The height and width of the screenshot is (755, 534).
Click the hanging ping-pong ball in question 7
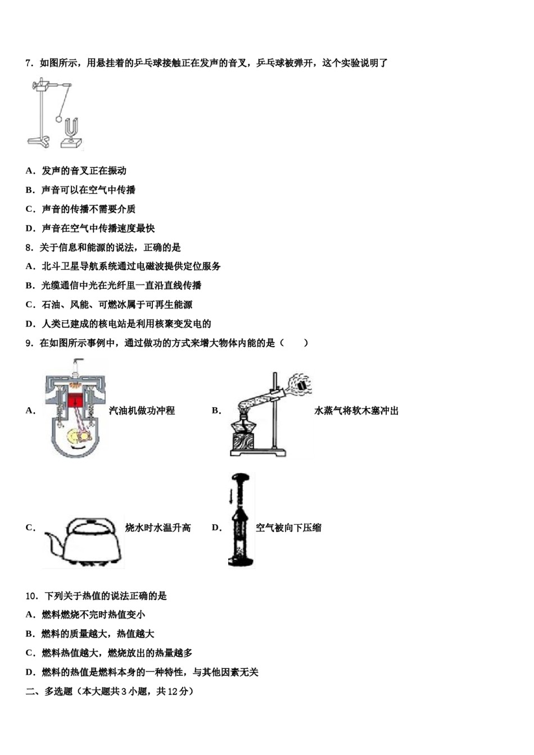coord(58,119)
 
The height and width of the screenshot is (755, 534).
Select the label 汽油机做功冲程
coord(142,411)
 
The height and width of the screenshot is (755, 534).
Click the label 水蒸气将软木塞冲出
coord(356,411)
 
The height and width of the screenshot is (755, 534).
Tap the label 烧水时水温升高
coord(158,527)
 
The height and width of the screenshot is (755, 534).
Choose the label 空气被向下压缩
coord(288,527)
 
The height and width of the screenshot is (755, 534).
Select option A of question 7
coord(76,171)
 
